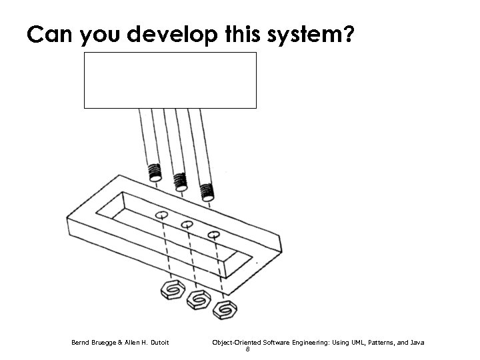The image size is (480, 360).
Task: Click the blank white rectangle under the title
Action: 170,80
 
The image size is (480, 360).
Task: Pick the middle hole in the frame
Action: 187,225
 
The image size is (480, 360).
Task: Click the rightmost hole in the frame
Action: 213,235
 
